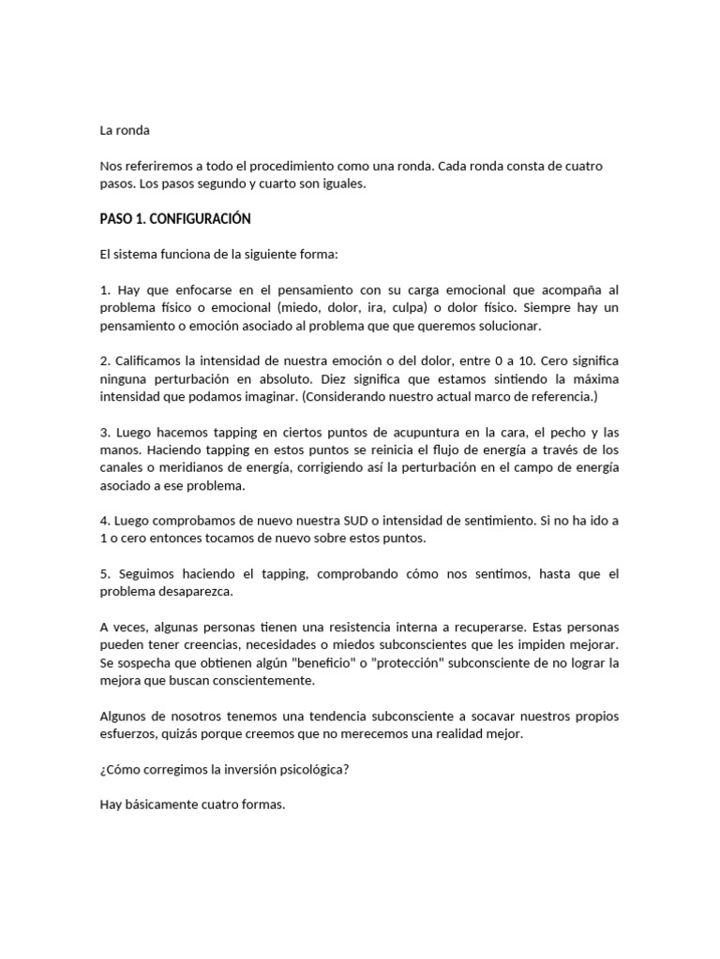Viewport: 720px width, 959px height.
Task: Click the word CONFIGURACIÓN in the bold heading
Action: click(205, 218)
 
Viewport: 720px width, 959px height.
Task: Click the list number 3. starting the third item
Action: click(106, 433)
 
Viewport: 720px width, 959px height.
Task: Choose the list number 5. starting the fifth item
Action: click(106, 574)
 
